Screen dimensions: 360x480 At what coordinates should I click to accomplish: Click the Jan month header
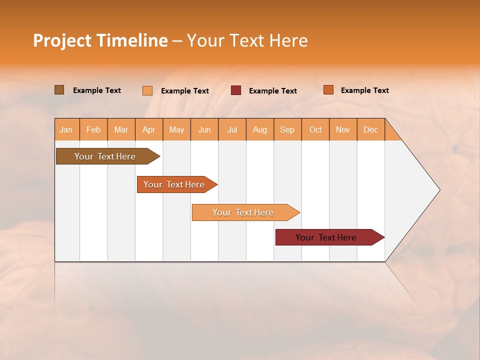point(66,129)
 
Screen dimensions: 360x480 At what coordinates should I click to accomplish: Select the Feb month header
point(93,129)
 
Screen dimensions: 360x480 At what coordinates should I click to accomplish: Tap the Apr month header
point(149,129)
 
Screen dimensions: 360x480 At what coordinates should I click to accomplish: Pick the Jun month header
point(204,129)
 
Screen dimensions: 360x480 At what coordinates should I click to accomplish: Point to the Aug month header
point(260,129)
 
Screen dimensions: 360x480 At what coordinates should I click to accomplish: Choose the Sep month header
point(287,129)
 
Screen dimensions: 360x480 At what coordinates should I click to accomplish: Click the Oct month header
point(315,129)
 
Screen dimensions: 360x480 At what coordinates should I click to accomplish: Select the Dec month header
point(371,129)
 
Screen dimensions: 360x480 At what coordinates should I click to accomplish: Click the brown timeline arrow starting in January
point(105,156)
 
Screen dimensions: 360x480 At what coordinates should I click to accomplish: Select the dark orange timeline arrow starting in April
point(174,184)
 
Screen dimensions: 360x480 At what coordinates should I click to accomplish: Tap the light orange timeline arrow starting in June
point(243,212)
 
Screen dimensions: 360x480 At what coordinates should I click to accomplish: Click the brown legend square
point(59,90)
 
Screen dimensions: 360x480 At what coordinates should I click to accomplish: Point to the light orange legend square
point(147,90)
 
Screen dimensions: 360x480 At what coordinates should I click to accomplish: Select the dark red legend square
point(235,90)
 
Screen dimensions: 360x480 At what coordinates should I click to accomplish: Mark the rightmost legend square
point(328,90)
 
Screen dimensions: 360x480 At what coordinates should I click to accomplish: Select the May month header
point(176,129)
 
